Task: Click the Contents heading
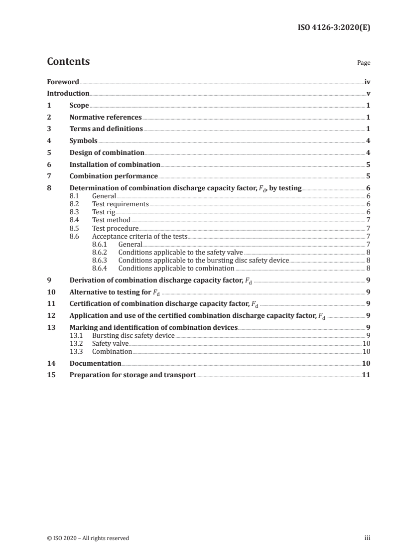tap(68, 62)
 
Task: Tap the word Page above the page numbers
tap(364, 63)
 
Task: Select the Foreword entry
tap(63, 82)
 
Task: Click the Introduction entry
tap(68, 93)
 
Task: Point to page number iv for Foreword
tap(367, 82)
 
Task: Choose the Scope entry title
tap(79, 105)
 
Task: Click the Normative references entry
tap(106, 117)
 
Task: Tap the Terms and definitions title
tap(106, 129)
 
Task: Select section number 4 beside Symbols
tap(49, 141)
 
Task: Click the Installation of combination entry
tap(115, 164)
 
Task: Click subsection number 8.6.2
tap(102, 253)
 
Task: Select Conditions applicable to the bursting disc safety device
tap(203, 260)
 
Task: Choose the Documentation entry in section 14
tap(95, 363)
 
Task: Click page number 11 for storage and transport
tap(366, 375)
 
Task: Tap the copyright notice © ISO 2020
tap(88, 538)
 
